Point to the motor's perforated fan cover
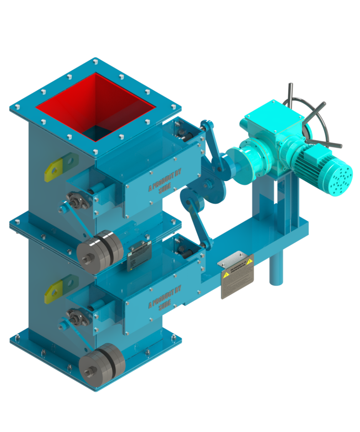point(343,177)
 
